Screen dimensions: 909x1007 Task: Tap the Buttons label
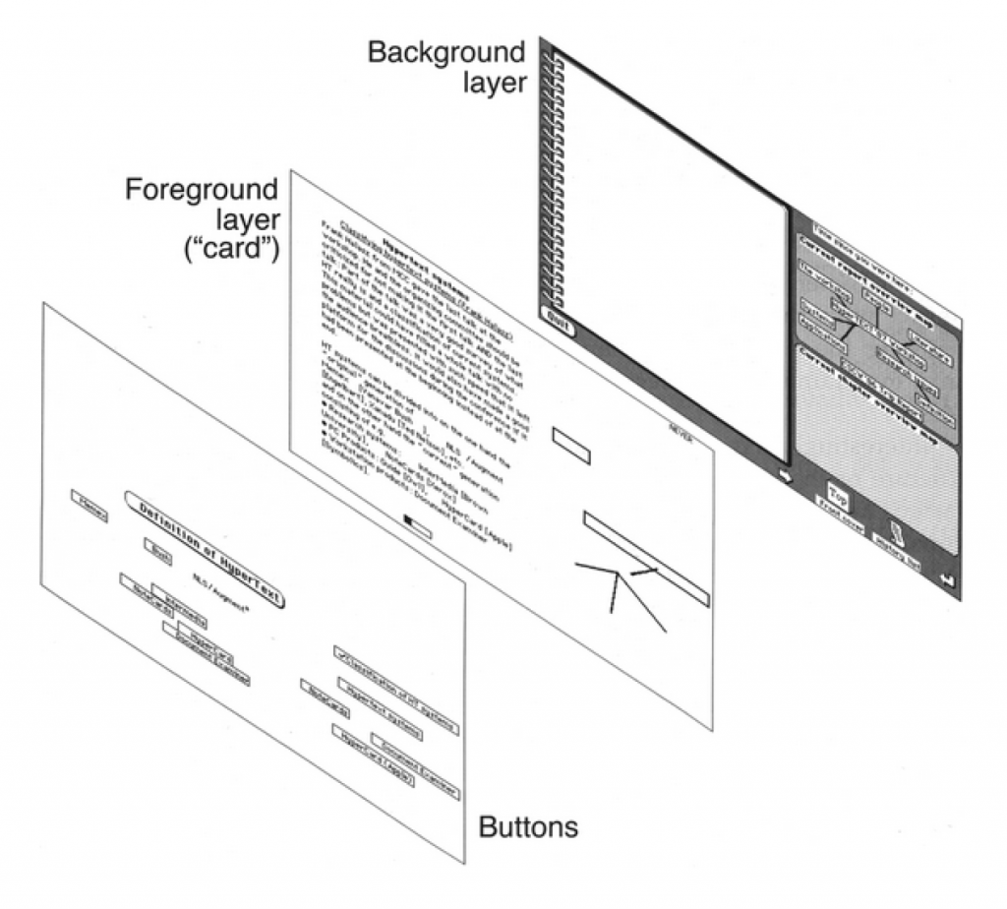pyautogui.click(x=528, y=828)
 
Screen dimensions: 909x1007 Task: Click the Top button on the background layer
pyautogui.click(x=838, y=493)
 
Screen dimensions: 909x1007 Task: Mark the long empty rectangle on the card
pyautogui.click(x=644, y=555)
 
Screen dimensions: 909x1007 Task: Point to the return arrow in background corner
pyautogui.click(x=948, y=580)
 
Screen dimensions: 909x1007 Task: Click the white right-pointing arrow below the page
pyautogui.click(x=784, y=475)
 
